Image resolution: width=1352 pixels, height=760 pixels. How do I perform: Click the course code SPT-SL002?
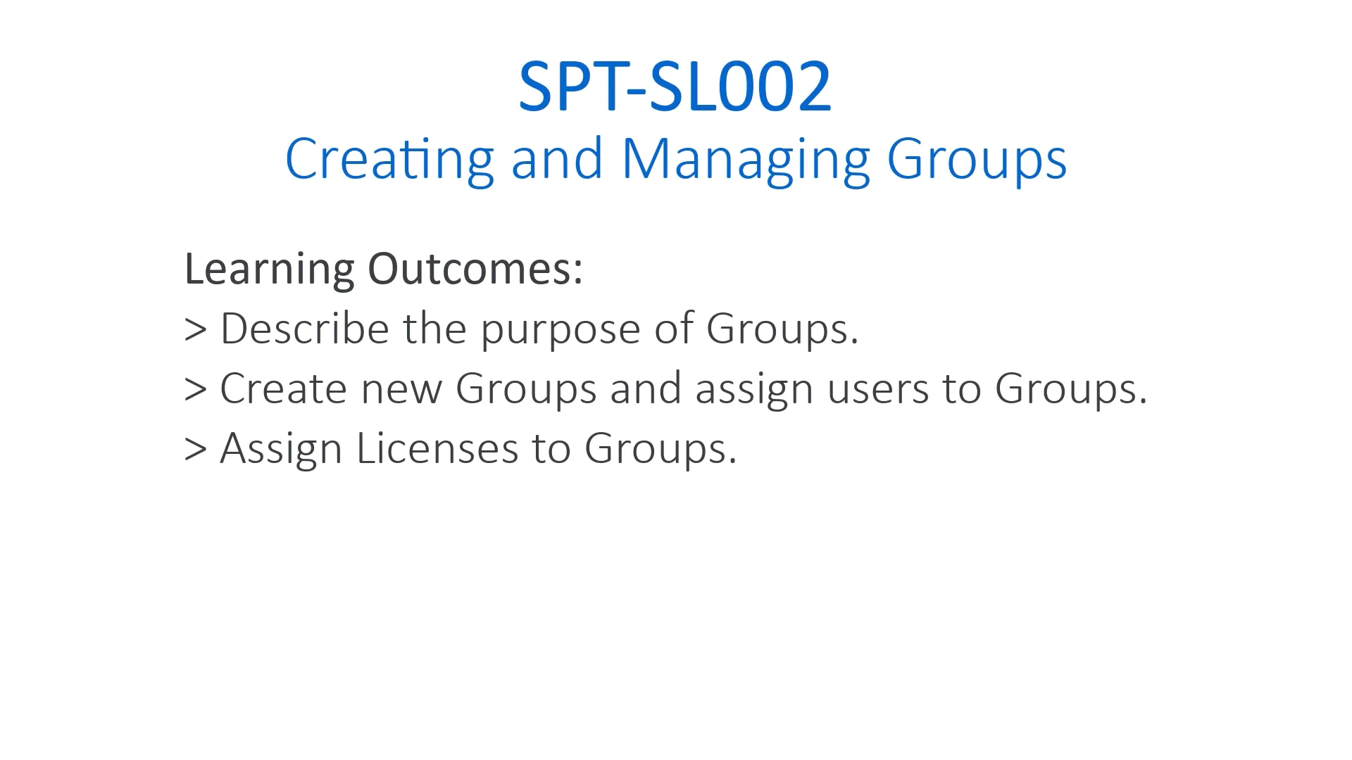675,86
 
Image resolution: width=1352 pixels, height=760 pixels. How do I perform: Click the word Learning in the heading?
268,269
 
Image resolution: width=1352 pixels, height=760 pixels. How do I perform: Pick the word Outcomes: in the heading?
475,269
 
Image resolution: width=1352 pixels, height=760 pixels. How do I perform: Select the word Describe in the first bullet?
304,329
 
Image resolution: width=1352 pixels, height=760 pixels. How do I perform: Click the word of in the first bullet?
673,329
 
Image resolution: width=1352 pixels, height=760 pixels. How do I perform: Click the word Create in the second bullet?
283,388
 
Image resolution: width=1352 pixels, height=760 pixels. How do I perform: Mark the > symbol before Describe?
195,329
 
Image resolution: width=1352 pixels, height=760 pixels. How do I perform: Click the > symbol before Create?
195,389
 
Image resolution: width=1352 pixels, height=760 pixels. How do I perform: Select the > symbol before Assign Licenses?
195,449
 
